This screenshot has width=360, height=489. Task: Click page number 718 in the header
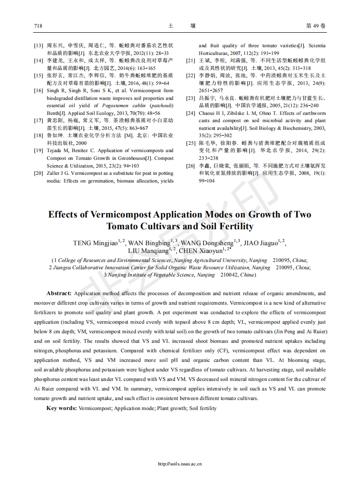click(38, 26)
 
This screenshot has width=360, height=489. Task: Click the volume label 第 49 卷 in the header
click(316, 26)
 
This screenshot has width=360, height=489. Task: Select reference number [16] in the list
click(39, 91)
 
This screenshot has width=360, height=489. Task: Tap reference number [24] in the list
click(191, 113)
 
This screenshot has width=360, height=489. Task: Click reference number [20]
click(39, 173)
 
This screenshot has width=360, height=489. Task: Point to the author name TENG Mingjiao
click(95, 243)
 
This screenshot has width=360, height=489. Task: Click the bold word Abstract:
click(59, 294)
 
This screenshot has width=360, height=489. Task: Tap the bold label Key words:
click(61, 408)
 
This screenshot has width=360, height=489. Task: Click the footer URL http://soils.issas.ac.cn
click(180, 464)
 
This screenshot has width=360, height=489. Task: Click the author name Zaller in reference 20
click(54, 173)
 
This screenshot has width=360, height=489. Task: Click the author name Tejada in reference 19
click(55, 151)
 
